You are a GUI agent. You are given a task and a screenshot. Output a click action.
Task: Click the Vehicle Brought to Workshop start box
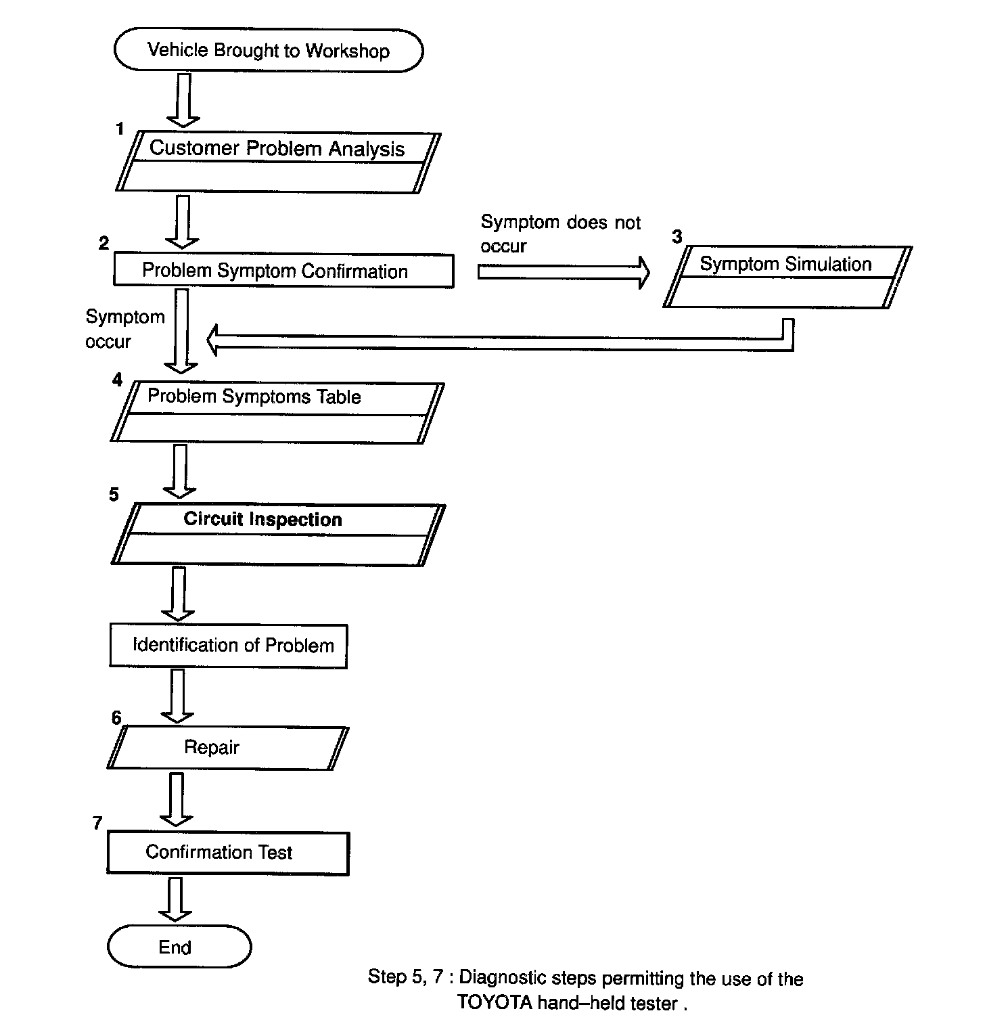click(269, 51)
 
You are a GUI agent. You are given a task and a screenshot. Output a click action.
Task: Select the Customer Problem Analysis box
click(277, 162)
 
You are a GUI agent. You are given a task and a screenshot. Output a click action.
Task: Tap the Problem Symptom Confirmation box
click(283, 271)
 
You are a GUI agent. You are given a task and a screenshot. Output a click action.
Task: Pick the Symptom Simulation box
click(787, 277)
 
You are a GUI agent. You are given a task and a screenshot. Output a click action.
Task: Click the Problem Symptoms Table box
click(277, 413)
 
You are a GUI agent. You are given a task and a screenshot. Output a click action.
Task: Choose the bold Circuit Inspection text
click(262, 519)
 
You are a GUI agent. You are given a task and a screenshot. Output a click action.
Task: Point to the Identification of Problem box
click(229, 646)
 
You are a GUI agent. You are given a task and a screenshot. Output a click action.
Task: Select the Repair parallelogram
click(227, 747)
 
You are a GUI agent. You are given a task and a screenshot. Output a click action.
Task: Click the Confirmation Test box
click(228, 852)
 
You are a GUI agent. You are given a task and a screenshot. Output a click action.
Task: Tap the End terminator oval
click(179, 947)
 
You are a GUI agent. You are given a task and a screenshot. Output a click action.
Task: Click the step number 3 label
click(677, 237)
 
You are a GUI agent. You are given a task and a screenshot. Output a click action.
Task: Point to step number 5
click(114, 495)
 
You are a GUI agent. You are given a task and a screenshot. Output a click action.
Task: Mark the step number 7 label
click(97, 823)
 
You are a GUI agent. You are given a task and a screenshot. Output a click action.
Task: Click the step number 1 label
click(120, 129)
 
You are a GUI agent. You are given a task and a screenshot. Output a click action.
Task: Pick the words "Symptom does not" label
click(560, 223)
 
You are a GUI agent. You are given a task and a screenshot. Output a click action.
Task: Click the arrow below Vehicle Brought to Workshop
click(183, 100)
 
